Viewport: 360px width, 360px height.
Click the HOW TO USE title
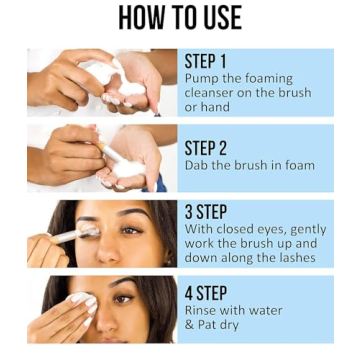tap(180, 19)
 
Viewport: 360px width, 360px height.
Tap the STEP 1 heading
tap(206, 61)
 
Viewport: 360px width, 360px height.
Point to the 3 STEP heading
tap(207, 211)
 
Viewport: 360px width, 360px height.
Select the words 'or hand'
tap(207, 107)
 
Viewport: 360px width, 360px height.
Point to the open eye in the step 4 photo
tap(124, 298)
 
